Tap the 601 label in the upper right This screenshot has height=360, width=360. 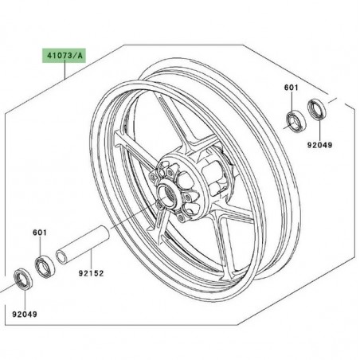coord(293,89)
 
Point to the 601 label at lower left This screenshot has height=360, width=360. coord(41,234)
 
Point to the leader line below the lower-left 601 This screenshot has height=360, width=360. coord(41,246)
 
